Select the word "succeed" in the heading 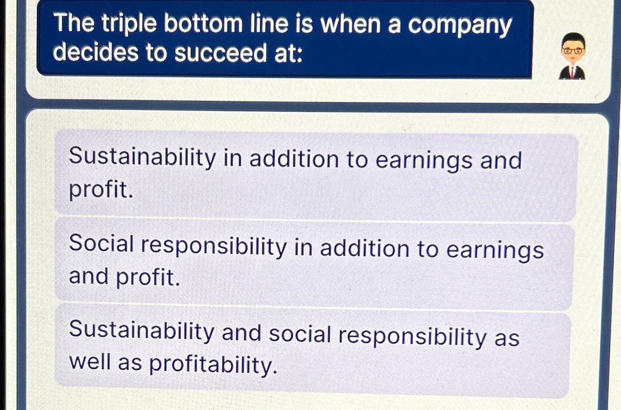(x=220, y=53)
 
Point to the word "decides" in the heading (x=95, y=52)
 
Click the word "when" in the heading (x=350, y=24)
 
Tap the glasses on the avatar (x=573, y=51)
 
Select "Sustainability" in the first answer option (x=142, y=157)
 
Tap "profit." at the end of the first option (x=101, y=190)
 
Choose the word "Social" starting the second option (x=101, y=244)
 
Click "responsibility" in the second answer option (x=214, y=247)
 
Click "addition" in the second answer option (x=365, y=248)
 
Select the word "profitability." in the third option (x=213, y=365)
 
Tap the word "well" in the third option (x=90, y=361)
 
